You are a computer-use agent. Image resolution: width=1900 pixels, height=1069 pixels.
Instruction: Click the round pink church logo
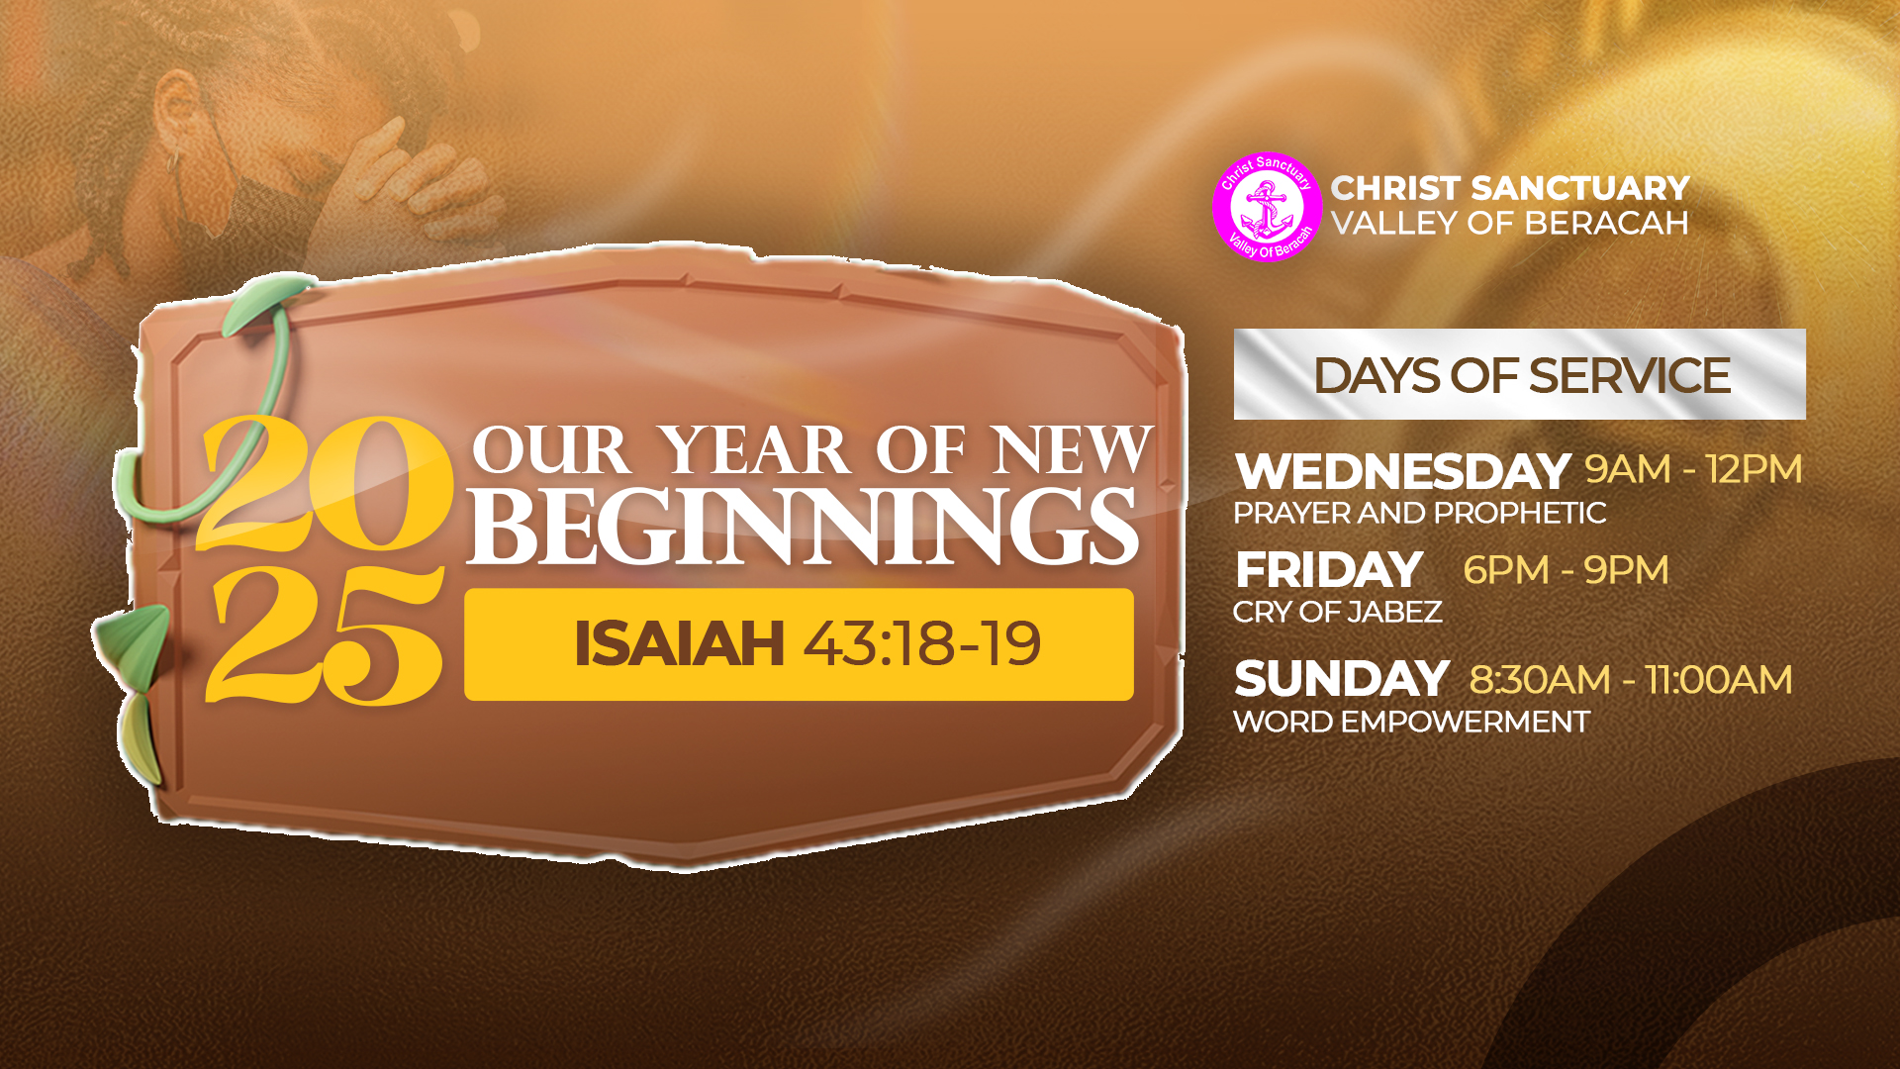(x=1267, y=207)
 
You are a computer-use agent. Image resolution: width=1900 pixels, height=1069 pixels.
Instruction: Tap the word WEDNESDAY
(x=1402, y=471)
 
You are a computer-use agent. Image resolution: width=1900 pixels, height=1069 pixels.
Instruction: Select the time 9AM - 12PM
(x=1693, y=469)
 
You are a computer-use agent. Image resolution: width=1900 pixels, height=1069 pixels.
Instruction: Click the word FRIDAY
(x=1329, y=570)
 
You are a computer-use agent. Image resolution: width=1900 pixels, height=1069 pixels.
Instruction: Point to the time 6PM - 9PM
(x=1566, y=570)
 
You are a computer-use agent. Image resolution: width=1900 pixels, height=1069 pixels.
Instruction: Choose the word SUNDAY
(x=1341, y=679)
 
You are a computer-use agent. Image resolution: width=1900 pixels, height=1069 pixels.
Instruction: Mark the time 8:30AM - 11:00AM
(x=1630, y=680)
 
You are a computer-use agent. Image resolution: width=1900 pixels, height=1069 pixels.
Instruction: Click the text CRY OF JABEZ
(x=1337, y=612)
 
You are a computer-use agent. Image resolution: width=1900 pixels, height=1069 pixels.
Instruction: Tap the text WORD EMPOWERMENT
(x=1411, y=722)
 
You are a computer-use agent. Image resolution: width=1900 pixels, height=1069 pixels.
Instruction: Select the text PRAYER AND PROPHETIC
(x=1419, y=513)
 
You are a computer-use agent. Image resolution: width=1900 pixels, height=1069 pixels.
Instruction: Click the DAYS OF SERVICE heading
(x=1521, y=376)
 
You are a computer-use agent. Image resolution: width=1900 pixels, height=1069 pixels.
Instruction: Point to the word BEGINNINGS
(x=804, y=528)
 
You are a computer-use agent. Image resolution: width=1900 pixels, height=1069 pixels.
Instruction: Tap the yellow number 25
(x=325, y=635)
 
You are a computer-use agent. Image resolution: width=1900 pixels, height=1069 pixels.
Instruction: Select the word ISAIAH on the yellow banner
(x=679, y=644)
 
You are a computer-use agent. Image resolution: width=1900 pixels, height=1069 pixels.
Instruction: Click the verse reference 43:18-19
(x=921, y=644)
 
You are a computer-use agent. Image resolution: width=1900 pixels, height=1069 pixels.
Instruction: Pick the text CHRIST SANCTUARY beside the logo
(x=1510, y=188)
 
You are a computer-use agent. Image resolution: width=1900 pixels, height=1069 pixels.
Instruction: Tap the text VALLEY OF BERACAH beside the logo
(x=1510, y=224)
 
